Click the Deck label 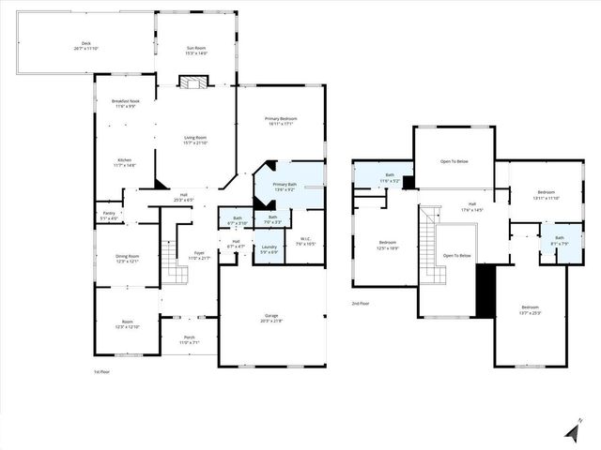(x=85, y=45)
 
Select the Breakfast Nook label (x=125, y=103)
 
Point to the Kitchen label (x=125, y=161)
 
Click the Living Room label (x=194, y=140)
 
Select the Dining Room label (x=127, y=258)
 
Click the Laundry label (x=269, y=249)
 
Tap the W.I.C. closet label (x=305, y=241)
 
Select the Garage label (x=270, y=319)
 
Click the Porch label (x=189, y=339)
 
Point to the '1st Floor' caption (x=102, y=372)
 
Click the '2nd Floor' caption (x=361, y=304)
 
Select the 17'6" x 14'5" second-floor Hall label (x=471, y=207)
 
